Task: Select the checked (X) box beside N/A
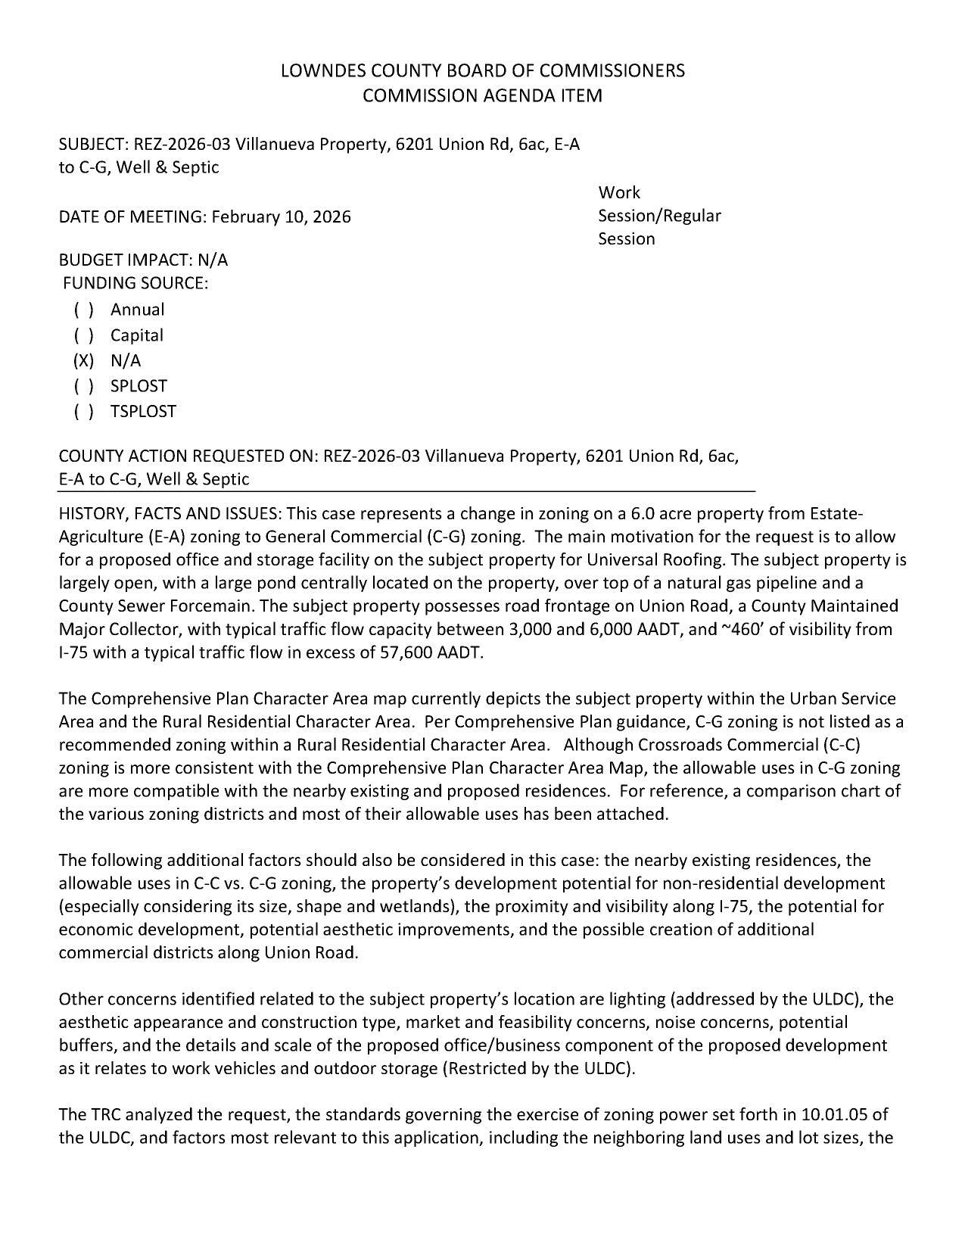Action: [83, 360]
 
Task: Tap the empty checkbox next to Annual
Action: [83, 310]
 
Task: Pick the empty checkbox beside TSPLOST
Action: [83, 411]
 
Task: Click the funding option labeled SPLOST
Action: [139, 386]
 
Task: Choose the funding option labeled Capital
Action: [136, 335]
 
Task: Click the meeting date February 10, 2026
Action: [281, 217]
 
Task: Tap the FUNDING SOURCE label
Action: [135, 283]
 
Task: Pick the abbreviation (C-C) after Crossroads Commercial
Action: [839, 745]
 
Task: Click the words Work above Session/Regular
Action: [618, 192]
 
